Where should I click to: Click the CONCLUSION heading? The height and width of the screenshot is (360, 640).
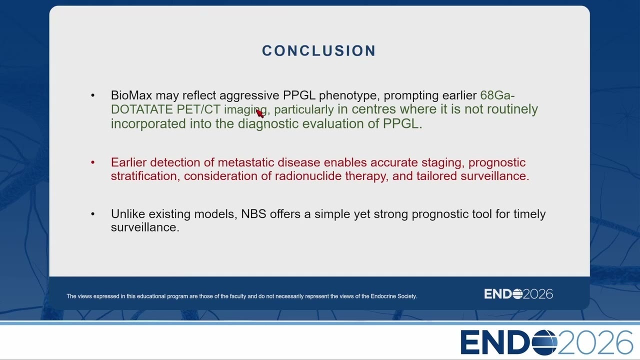point(319,50)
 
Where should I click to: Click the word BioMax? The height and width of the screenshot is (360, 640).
point(131,95)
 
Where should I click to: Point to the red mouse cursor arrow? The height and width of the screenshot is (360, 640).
point(259,113)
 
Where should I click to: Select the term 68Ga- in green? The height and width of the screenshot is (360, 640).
point(497,95)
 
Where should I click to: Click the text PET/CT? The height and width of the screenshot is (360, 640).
point(198,109)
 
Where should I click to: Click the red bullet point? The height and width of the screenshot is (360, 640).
point(92,162)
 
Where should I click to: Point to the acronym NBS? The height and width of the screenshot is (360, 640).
point(253,213)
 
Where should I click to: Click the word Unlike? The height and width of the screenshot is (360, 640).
point(128,213)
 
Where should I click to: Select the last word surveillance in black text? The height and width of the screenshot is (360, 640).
point(145,227)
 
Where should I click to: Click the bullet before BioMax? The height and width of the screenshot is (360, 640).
point(92,95)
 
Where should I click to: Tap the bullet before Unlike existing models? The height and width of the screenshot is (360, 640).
point(92,213)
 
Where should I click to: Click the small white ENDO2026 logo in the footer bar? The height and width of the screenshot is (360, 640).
point(518,294)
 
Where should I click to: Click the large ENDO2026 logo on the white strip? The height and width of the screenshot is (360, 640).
point(547,342)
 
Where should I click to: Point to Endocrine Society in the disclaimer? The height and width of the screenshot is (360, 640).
point(393,296)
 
